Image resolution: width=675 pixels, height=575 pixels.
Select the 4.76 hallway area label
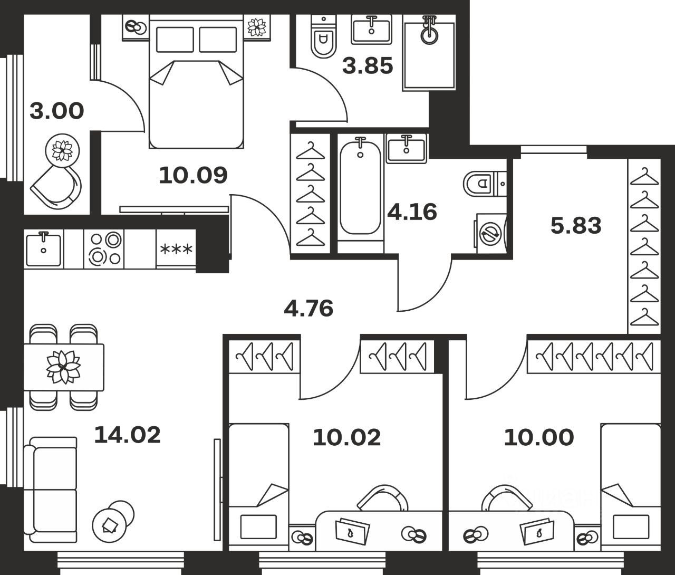[308, 309]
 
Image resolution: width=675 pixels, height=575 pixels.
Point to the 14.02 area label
[128, 435]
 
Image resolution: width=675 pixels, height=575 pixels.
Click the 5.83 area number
[576, 226]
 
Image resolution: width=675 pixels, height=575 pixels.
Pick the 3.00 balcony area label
[57, 111]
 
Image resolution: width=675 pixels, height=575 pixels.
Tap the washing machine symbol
[490, 233]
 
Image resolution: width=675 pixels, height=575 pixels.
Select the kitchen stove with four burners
[104, 249]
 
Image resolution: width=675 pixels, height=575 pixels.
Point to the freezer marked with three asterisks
[176, 249]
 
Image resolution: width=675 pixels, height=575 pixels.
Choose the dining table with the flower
[64, 367]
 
